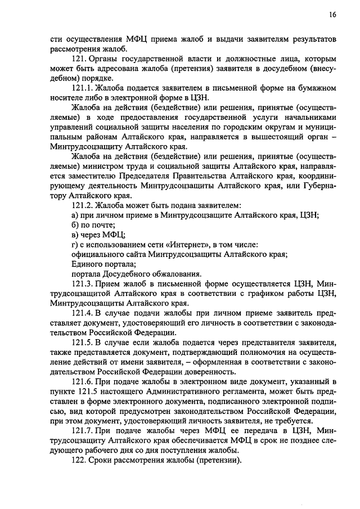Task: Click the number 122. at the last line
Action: (x=79, y=458)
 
